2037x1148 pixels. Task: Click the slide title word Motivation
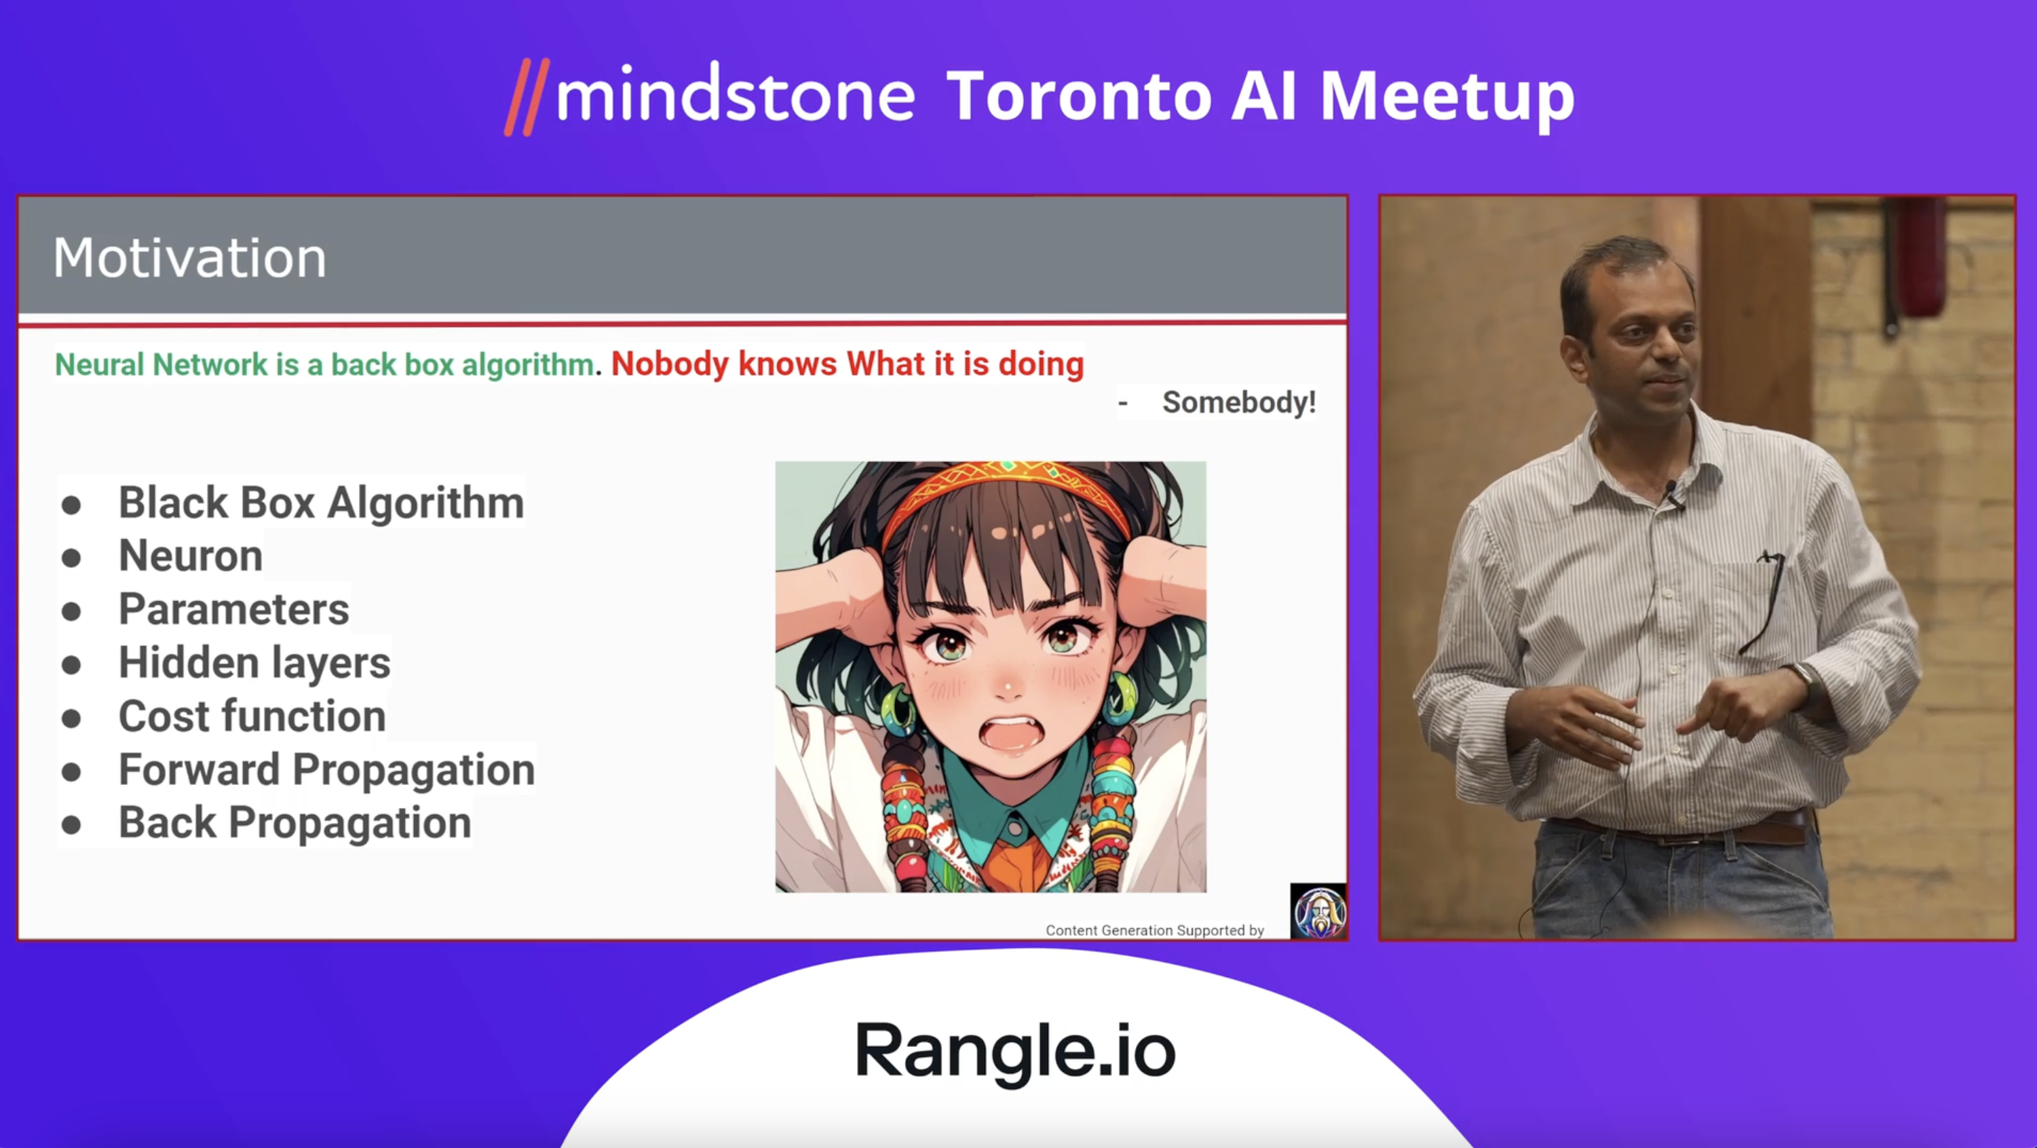tap(190, 258)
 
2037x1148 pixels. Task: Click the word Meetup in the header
tap(1447, 98)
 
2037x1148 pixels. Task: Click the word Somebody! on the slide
tap(1238, 402)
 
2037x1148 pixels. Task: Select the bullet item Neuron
tap(191, 555)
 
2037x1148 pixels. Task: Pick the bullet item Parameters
tap(234, 609)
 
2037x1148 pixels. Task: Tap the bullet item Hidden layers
tap(254, 663)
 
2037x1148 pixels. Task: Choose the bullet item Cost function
tap(252, 716)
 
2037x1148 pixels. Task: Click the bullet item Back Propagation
tap(295, 823)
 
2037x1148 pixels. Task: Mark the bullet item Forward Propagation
tap(326, 770)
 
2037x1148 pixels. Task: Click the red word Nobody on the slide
tap(669, 364)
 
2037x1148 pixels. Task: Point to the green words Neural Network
tap(161, 364)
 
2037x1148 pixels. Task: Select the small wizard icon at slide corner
tap(1318, 911)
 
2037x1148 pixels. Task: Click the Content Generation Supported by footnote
tap(1154, 931)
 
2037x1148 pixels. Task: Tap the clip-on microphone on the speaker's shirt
tap(1673, 494)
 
